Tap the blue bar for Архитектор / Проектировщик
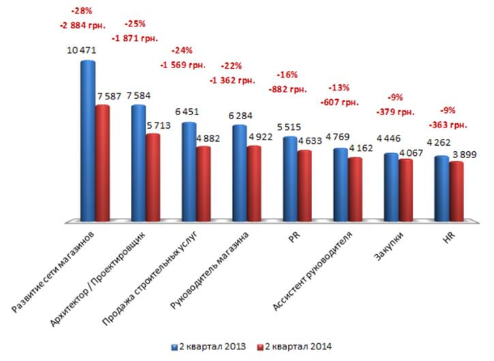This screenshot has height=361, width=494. [138, 163]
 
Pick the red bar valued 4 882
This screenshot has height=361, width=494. [203, 184]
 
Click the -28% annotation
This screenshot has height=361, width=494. [82, 12]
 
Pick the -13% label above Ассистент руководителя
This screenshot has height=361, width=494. [339, 88]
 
